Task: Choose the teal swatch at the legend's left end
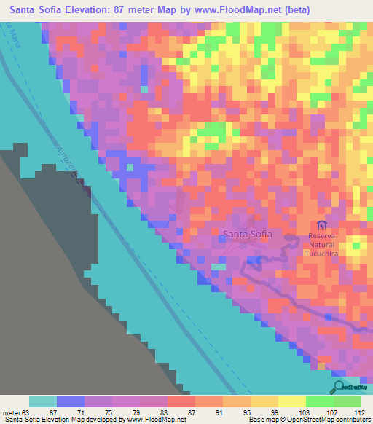(x=42, y=401)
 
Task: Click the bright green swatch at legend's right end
(x=347, y=401)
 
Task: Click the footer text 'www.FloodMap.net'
(x=154, y=420)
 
